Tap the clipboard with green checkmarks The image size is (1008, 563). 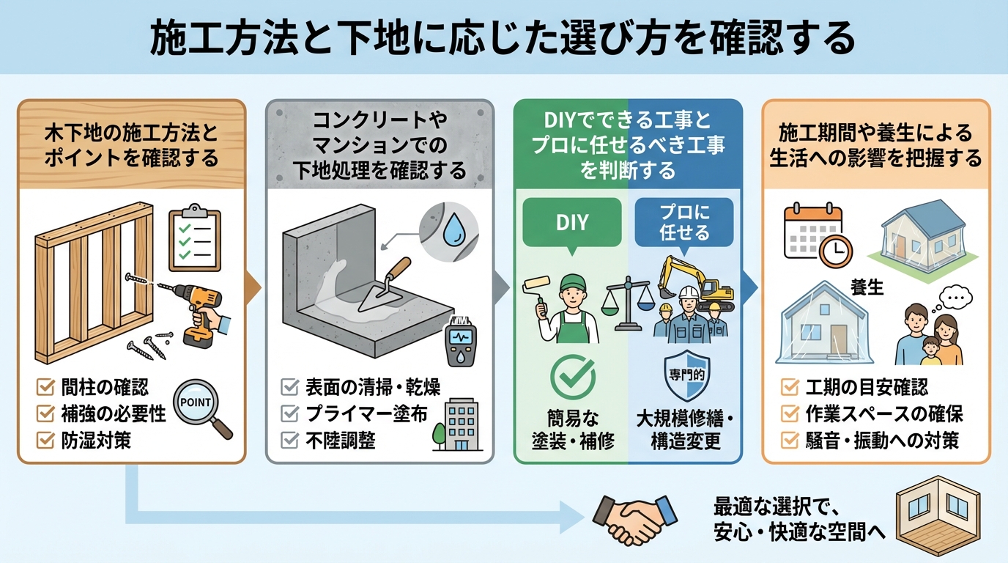click(194, 238)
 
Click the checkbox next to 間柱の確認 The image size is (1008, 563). click(45, 387)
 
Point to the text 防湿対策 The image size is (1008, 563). click(95, 441)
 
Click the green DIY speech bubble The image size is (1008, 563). click(572, 222)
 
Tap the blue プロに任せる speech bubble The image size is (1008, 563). click(683, 222)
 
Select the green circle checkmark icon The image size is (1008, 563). click(572, 377)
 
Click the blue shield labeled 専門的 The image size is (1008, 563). click(683, 377)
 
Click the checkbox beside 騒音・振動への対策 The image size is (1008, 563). click(790, 441)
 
